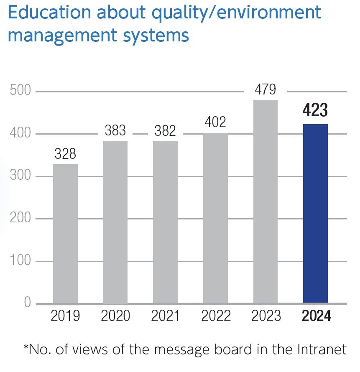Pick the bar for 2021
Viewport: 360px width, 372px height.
[165, 222]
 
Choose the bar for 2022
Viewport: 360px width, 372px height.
[215, 218]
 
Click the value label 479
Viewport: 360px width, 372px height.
[265, 90]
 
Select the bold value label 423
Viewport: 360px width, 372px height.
[315, 112]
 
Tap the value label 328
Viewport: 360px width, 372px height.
[66, 154]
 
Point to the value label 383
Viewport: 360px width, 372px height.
[115, 131]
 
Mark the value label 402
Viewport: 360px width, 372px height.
[216, 122]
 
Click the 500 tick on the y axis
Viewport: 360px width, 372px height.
[20, 91]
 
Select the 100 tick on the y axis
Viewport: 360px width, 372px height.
[20, 261]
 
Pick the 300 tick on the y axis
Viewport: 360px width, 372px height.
[20, 176]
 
